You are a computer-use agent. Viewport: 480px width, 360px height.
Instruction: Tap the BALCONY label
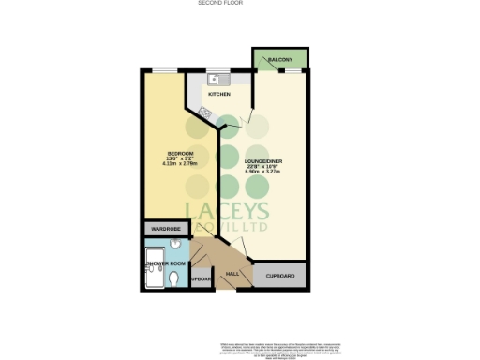[x=281, y=60]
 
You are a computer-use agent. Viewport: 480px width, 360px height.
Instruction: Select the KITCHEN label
[x=219, y=94]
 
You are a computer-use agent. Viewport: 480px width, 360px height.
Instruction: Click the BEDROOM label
[x=180, y=153]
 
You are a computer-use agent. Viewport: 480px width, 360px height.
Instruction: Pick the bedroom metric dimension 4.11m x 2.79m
[x=180, y=166]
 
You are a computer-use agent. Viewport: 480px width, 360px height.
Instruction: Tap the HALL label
[x=232, y=276]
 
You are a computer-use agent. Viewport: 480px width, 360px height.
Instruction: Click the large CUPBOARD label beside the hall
[x=280, y=277]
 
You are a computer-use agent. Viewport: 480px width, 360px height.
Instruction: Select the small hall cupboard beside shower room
[x=200, y=278]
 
